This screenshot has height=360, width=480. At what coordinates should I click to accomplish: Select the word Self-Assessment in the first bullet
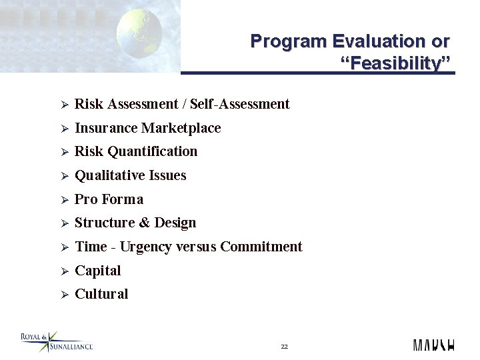coord(239,104)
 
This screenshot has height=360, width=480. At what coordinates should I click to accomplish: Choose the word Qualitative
coord(109,175)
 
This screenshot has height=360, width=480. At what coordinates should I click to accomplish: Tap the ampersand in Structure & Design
coord(143,223)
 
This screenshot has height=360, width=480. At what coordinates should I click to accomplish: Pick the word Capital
coord(98,271)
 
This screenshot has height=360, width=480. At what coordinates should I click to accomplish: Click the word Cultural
coord(101,294)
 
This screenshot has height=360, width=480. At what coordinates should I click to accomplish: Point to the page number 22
coord(284,347)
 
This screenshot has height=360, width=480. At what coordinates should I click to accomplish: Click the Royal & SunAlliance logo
coord(57,342)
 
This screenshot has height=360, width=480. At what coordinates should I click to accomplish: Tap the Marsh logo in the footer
coord(434,344)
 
